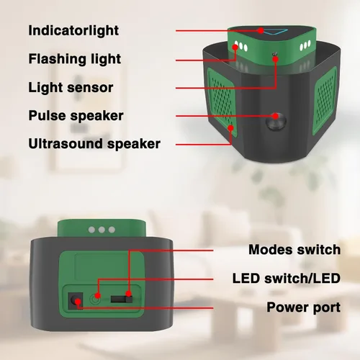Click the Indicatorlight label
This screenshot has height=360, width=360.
click(73, 30)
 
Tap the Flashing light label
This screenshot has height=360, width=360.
click(74, 59)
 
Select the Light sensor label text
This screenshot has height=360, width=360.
click(71, 87)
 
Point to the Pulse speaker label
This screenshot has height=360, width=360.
click(76, 116)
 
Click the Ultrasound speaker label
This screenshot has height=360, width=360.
click(94, 144)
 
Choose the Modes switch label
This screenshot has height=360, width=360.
click(294, 250)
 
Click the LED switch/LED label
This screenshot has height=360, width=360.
click(287, 279)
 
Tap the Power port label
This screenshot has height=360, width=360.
click(304, 307)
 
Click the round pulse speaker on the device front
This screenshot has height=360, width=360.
click(276, 121)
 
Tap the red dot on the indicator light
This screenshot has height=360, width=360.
click(261, 31)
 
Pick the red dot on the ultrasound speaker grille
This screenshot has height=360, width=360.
click(230, 128)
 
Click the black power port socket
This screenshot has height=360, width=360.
click(75, 301)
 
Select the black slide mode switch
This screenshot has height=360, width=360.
click(122, 300)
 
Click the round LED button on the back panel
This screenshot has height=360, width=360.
click(95, 300)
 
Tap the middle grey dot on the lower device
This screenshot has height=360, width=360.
click(102, 230)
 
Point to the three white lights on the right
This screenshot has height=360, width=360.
click(305, 45)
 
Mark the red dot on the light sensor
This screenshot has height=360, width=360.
click(276, 59)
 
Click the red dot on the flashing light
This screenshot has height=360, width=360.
click(235, 48)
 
